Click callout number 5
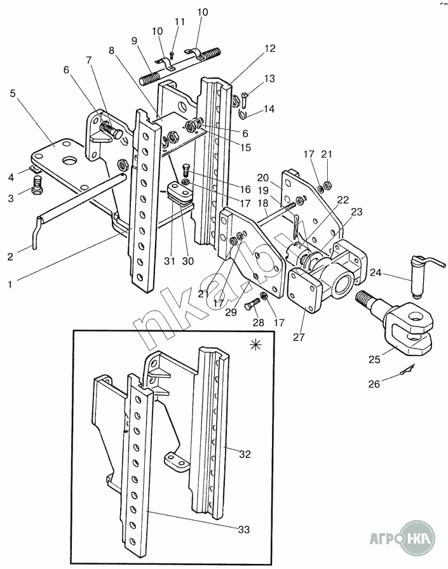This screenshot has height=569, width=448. point(13,93)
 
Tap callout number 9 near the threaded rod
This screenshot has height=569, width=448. point(135,41)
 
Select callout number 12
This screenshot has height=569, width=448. point(270,48)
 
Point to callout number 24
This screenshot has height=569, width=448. point(376,272)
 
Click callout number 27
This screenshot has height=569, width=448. point(299,337)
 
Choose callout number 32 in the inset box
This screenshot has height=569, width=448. point(245,453)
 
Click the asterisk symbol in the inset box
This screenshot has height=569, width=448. point(256,345)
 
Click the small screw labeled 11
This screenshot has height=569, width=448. point(172,55)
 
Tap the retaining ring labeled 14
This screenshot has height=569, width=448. point(242,114)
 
